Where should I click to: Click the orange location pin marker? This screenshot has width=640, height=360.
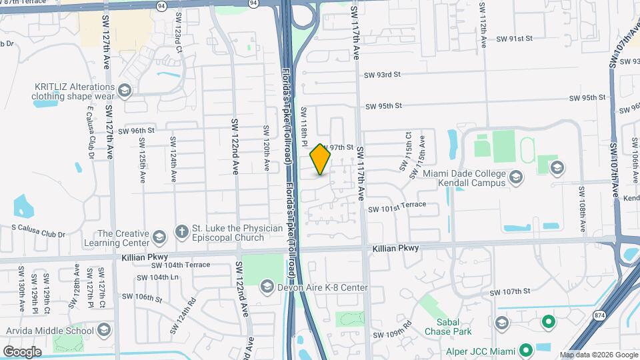click(321, 159)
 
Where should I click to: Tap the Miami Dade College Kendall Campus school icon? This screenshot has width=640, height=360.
click(515, 177)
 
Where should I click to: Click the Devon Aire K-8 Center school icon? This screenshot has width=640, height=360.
click(266, 287)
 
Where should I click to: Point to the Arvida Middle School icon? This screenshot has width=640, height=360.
click(103, 329)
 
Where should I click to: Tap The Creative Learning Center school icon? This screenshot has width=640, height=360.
click(159, 237)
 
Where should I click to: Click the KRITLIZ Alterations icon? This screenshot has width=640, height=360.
click(124, 91)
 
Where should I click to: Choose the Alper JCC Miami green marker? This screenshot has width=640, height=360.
click(525, 349)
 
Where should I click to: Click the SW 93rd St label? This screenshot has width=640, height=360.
click(382, 75)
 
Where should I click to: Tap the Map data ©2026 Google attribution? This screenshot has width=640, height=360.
click(598, 355)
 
